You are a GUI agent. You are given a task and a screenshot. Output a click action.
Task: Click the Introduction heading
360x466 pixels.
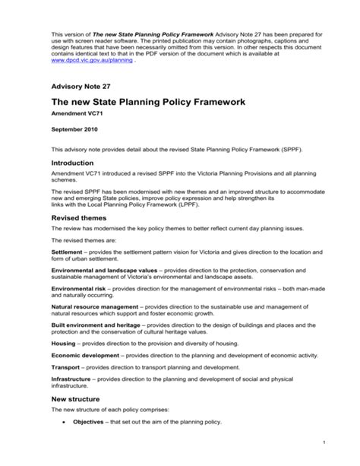pos(77,163)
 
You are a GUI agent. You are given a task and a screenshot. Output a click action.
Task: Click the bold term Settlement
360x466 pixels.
pos(68,249)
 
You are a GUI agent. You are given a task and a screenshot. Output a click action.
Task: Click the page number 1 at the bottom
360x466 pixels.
pos(324,442)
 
